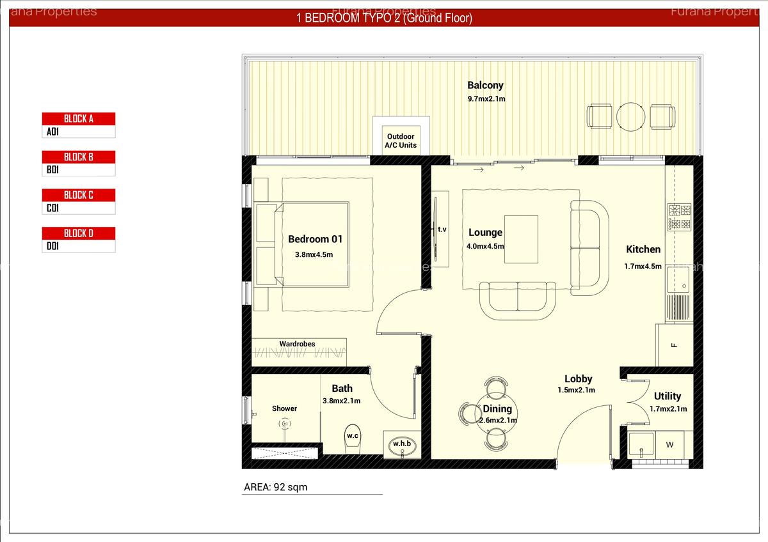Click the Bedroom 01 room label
[x=315, y=239]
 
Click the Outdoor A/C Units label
[x=401, y=141]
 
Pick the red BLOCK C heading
[x=79, y=195]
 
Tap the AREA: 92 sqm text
[x=276, y=487]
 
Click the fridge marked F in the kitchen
[x=674, y=345]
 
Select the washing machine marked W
[x=669, y=444]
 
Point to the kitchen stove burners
[x=679, y=217]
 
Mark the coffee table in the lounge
[x=521, y=239]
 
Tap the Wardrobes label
[x=297, y=344]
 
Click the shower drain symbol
[x=285, y=423]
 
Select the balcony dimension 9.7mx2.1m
[x=486, y=99]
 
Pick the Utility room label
[x=668, y=396]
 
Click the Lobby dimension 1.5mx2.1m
[x=576, y=390]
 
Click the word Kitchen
[x=643, y=249]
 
